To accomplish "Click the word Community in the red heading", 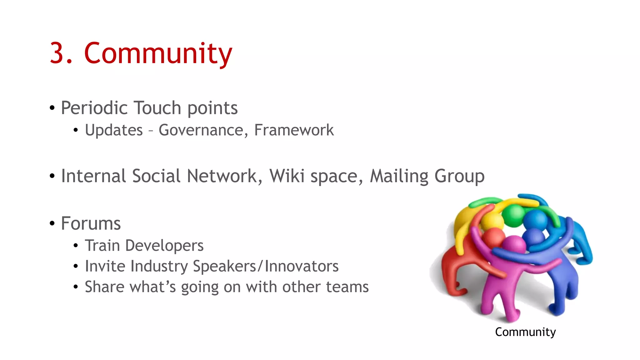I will point(158,54).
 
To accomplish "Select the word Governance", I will point(201,130).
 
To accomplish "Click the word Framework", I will point(294,130).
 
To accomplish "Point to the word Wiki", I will point(287,176).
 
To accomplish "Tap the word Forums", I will point(91,223).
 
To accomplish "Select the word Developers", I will point(164,246).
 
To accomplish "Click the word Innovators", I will point(302,266).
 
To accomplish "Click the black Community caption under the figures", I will point(525,332).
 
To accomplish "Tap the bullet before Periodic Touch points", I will point(52,108).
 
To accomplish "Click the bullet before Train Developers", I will point(76,246).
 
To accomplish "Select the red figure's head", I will point(494,237).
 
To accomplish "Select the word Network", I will point(222,176).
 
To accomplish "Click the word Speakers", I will point(224,266).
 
